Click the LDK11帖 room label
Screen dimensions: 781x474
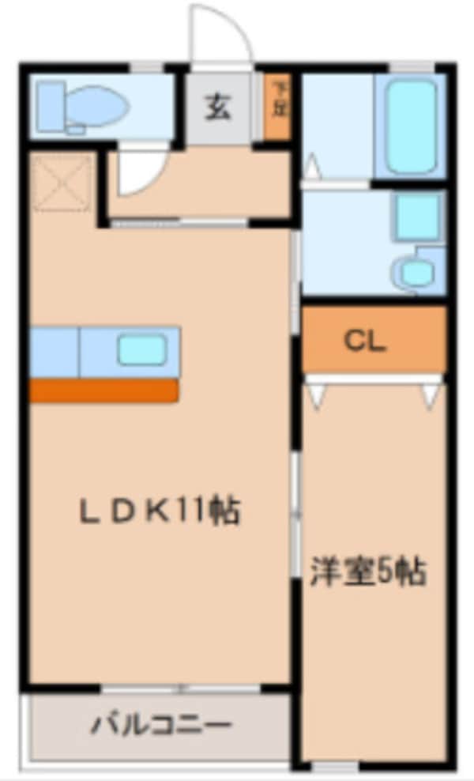[x=159, y=512]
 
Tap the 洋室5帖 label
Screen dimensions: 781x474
[x=368, y=571]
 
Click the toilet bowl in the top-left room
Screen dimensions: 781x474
[x=101, y=105]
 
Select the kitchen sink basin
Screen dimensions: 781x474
[x=142, y=349]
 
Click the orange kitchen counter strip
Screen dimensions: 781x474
[x=103, y=390]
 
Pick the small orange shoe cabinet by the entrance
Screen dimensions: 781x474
[x=277, y=107]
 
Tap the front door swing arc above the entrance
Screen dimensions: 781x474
[x=221, y=33]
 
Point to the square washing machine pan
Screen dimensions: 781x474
[x=416, y=216]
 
